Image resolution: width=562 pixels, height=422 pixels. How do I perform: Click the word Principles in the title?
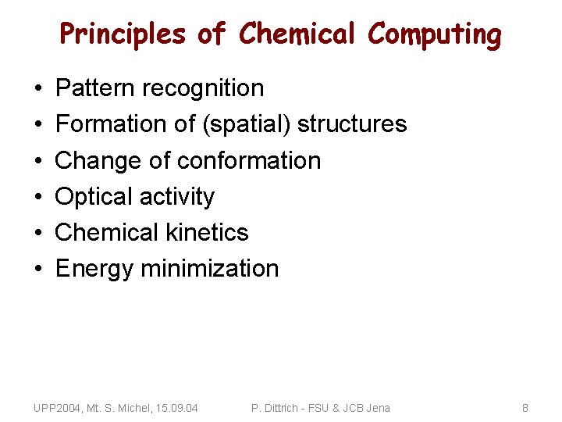pyautogui.click(x=123, y=34)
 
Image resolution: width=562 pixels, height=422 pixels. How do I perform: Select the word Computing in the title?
pyautogui.click(x=435, y=34)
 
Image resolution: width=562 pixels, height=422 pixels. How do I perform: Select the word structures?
pyautogui.click(x=352, y=124)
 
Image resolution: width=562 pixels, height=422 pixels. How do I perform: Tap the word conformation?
pyautogui.click(x=249, y=160)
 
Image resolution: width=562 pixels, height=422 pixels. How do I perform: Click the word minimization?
pyautogui.click(x=209, y=268)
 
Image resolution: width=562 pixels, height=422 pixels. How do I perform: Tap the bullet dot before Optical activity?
pyautogui.click(x=38, y=197)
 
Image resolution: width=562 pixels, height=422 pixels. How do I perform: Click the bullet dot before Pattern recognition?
pyautogui.click(x=38, y=89)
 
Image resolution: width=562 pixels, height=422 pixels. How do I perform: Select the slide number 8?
pyautogui.click(x=525, y=408)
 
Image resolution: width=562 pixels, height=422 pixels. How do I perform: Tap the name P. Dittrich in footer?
pyautogui.click(x=277, y=408)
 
